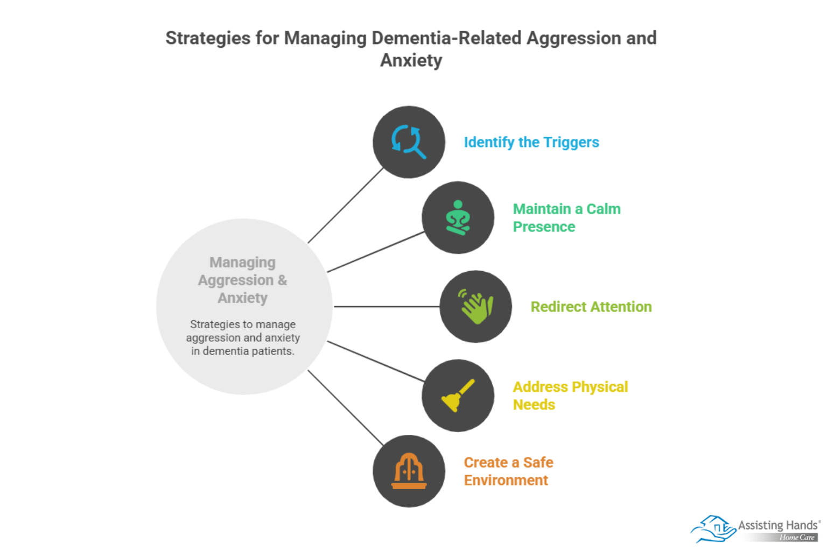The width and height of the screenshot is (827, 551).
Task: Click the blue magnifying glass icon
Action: [x=409, y=142]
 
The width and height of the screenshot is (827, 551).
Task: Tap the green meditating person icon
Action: [x=458, y=217]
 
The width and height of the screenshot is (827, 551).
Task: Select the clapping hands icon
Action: [x=475, y=307]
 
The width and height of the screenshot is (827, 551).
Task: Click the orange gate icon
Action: [x=409, y=471]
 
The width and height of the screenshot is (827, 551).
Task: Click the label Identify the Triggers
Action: [x=531, y=142]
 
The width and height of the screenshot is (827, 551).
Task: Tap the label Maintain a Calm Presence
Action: [x=566, y=217]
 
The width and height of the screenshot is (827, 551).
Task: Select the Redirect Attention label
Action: [x=591, y=307]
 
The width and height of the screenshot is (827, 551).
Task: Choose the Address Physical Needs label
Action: [x=570, y=395]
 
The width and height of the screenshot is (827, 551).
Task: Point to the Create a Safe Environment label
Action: [x=508, y=471]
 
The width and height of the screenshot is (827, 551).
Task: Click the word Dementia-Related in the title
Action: [x=446, y=38]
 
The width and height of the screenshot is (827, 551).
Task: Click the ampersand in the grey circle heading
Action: [x=282, y=280]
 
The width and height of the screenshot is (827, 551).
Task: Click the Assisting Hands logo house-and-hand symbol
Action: [x=712, y=528]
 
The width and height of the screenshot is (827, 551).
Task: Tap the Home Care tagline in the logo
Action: [x=797, y=537]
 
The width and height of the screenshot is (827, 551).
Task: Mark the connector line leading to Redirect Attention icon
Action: [x=387, y=307]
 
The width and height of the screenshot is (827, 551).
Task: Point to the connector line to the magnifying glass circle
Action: [x=346, y=206]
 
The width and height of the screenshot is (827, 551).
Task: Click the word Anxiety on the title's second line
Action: [x=411, y=60]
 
